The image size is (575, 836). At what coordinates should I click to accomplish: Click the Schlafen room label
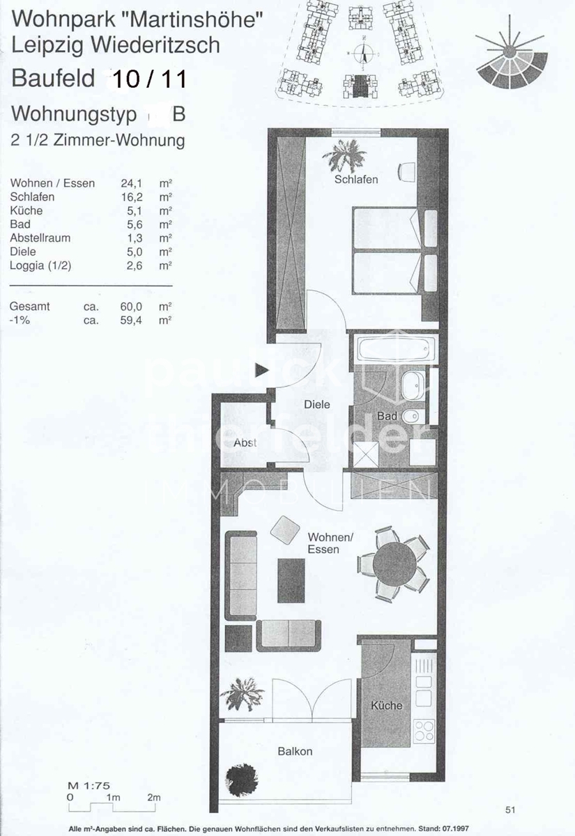coord(356,180)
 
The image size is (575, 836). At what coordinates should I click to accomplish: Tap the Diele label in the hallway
coord(317,404)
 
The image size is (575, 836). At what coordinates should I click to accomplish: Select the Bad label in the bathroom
coord(386,416)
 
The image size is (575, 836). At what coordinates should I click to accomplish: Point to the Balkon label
coord(295,751)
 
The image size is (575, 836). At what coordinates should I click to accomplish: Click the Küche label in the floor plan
coord(386,705)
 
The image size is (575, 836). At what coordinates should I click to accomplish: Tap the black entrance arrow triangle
coord(261,370)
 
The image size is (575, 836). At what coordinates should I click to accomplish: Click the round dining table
coord(394,564)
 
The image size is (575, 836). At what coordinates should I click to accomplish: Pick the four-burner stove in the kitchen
coord(424,730)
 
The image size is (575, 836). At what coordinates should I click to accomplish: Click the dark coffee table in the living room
coord(291,580)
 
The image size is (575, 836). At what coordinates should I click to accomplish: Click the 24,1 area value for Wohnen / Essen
coord(132,183)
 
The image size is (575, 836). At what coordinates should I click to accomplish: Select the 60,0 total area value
coord(131,307)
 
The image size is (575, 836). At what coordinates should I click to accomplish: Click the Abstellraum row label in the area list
coord(40,238)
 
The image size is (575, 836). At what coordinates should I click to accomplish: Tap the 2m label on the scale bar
coord(154,798)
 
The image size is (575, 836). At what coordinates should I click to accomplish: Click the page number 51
coord(510,810)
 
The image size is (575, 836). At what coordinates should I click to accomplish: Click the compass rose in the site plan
coord(362,54)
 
